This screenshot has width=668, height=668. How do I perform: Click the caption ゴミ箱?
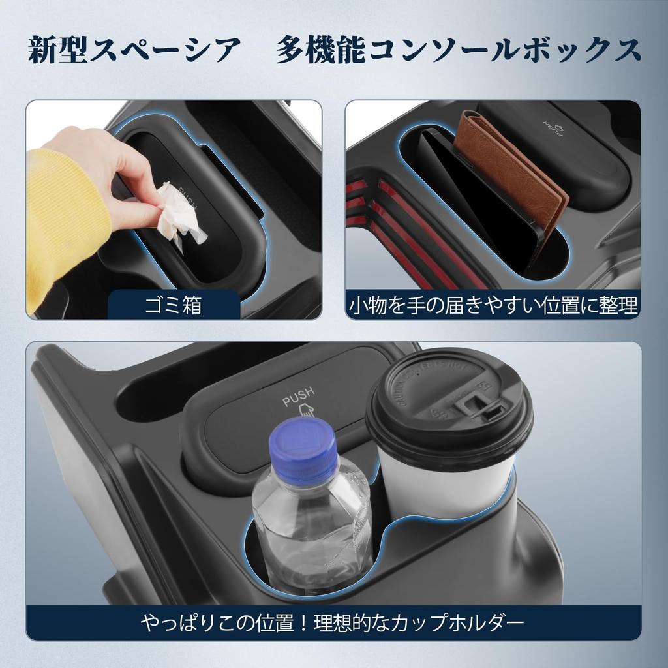click(173, 305)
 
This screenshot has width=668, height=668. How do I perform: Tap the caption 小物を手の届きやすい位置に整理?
click(493, 304)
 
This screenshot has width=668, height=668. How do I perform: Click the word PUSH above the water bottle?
click(298, 395)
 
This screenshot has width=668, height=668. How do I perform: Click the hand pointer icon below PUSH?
click(303, 411)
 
